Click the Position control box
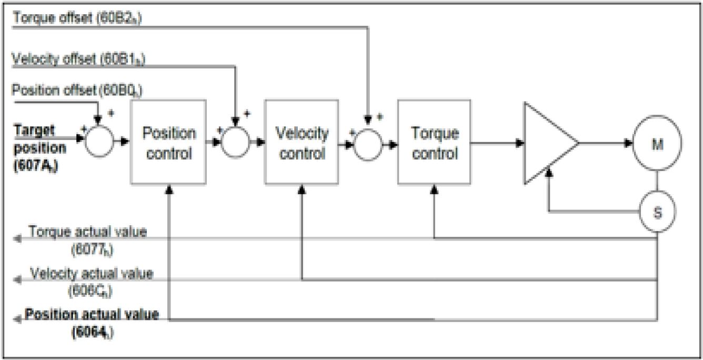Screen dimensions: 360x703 click(x=169, y=142)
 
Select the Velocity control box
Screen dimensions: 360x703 click(x=302, y=142)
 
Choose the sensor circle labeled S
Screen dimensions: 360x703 click(x=657, y=212)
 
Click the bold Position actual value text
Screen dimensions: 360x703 click(x=92, y=315)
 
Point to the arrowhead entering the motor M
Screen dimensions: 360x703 click(x=628, y=143)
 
